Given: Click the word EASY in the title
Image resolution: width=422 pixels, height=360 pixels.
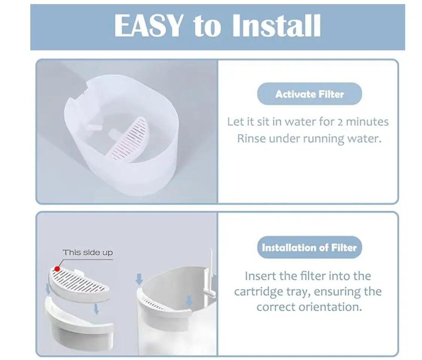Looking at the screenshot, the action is (149, 25).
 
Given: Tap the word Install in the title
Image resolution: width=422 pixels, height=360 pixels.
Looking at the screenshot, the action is (277, 25).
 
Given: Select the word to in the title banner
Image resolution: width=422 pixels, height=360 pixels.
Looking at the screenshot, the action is (207, 27).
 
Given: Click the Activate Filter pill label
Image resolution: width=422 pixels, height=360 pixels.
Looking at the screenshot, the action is (310, 94).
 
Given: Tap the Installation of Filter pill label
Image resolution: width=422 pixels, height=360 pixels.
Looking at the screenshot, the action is (310, 247).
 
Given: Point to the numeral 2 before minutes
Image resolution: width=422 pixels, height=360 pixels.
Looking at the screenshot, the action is (340, 122).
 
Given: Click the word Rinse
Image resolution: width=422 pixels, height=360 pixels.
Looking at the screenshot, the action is (251, 139).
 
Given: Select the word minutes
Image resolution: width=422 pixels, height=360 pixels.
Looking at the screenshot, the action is (367, 122).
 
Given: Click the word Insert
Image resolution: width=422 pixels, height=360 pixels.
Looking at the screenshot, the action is (261, 276).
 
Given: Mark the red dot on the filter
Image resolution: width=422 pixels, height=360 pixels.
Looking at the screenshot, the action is (57, 269).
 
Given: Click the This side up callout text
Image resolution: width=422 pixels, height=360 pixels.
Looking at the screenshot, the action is (88, 252).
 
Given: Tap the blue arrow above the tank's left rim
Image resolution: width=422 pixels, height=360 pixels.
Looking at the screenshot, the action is (139, 279).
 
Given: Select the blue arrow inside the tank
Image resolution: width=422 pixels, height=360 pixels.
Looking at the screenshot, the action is (189, 301).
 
